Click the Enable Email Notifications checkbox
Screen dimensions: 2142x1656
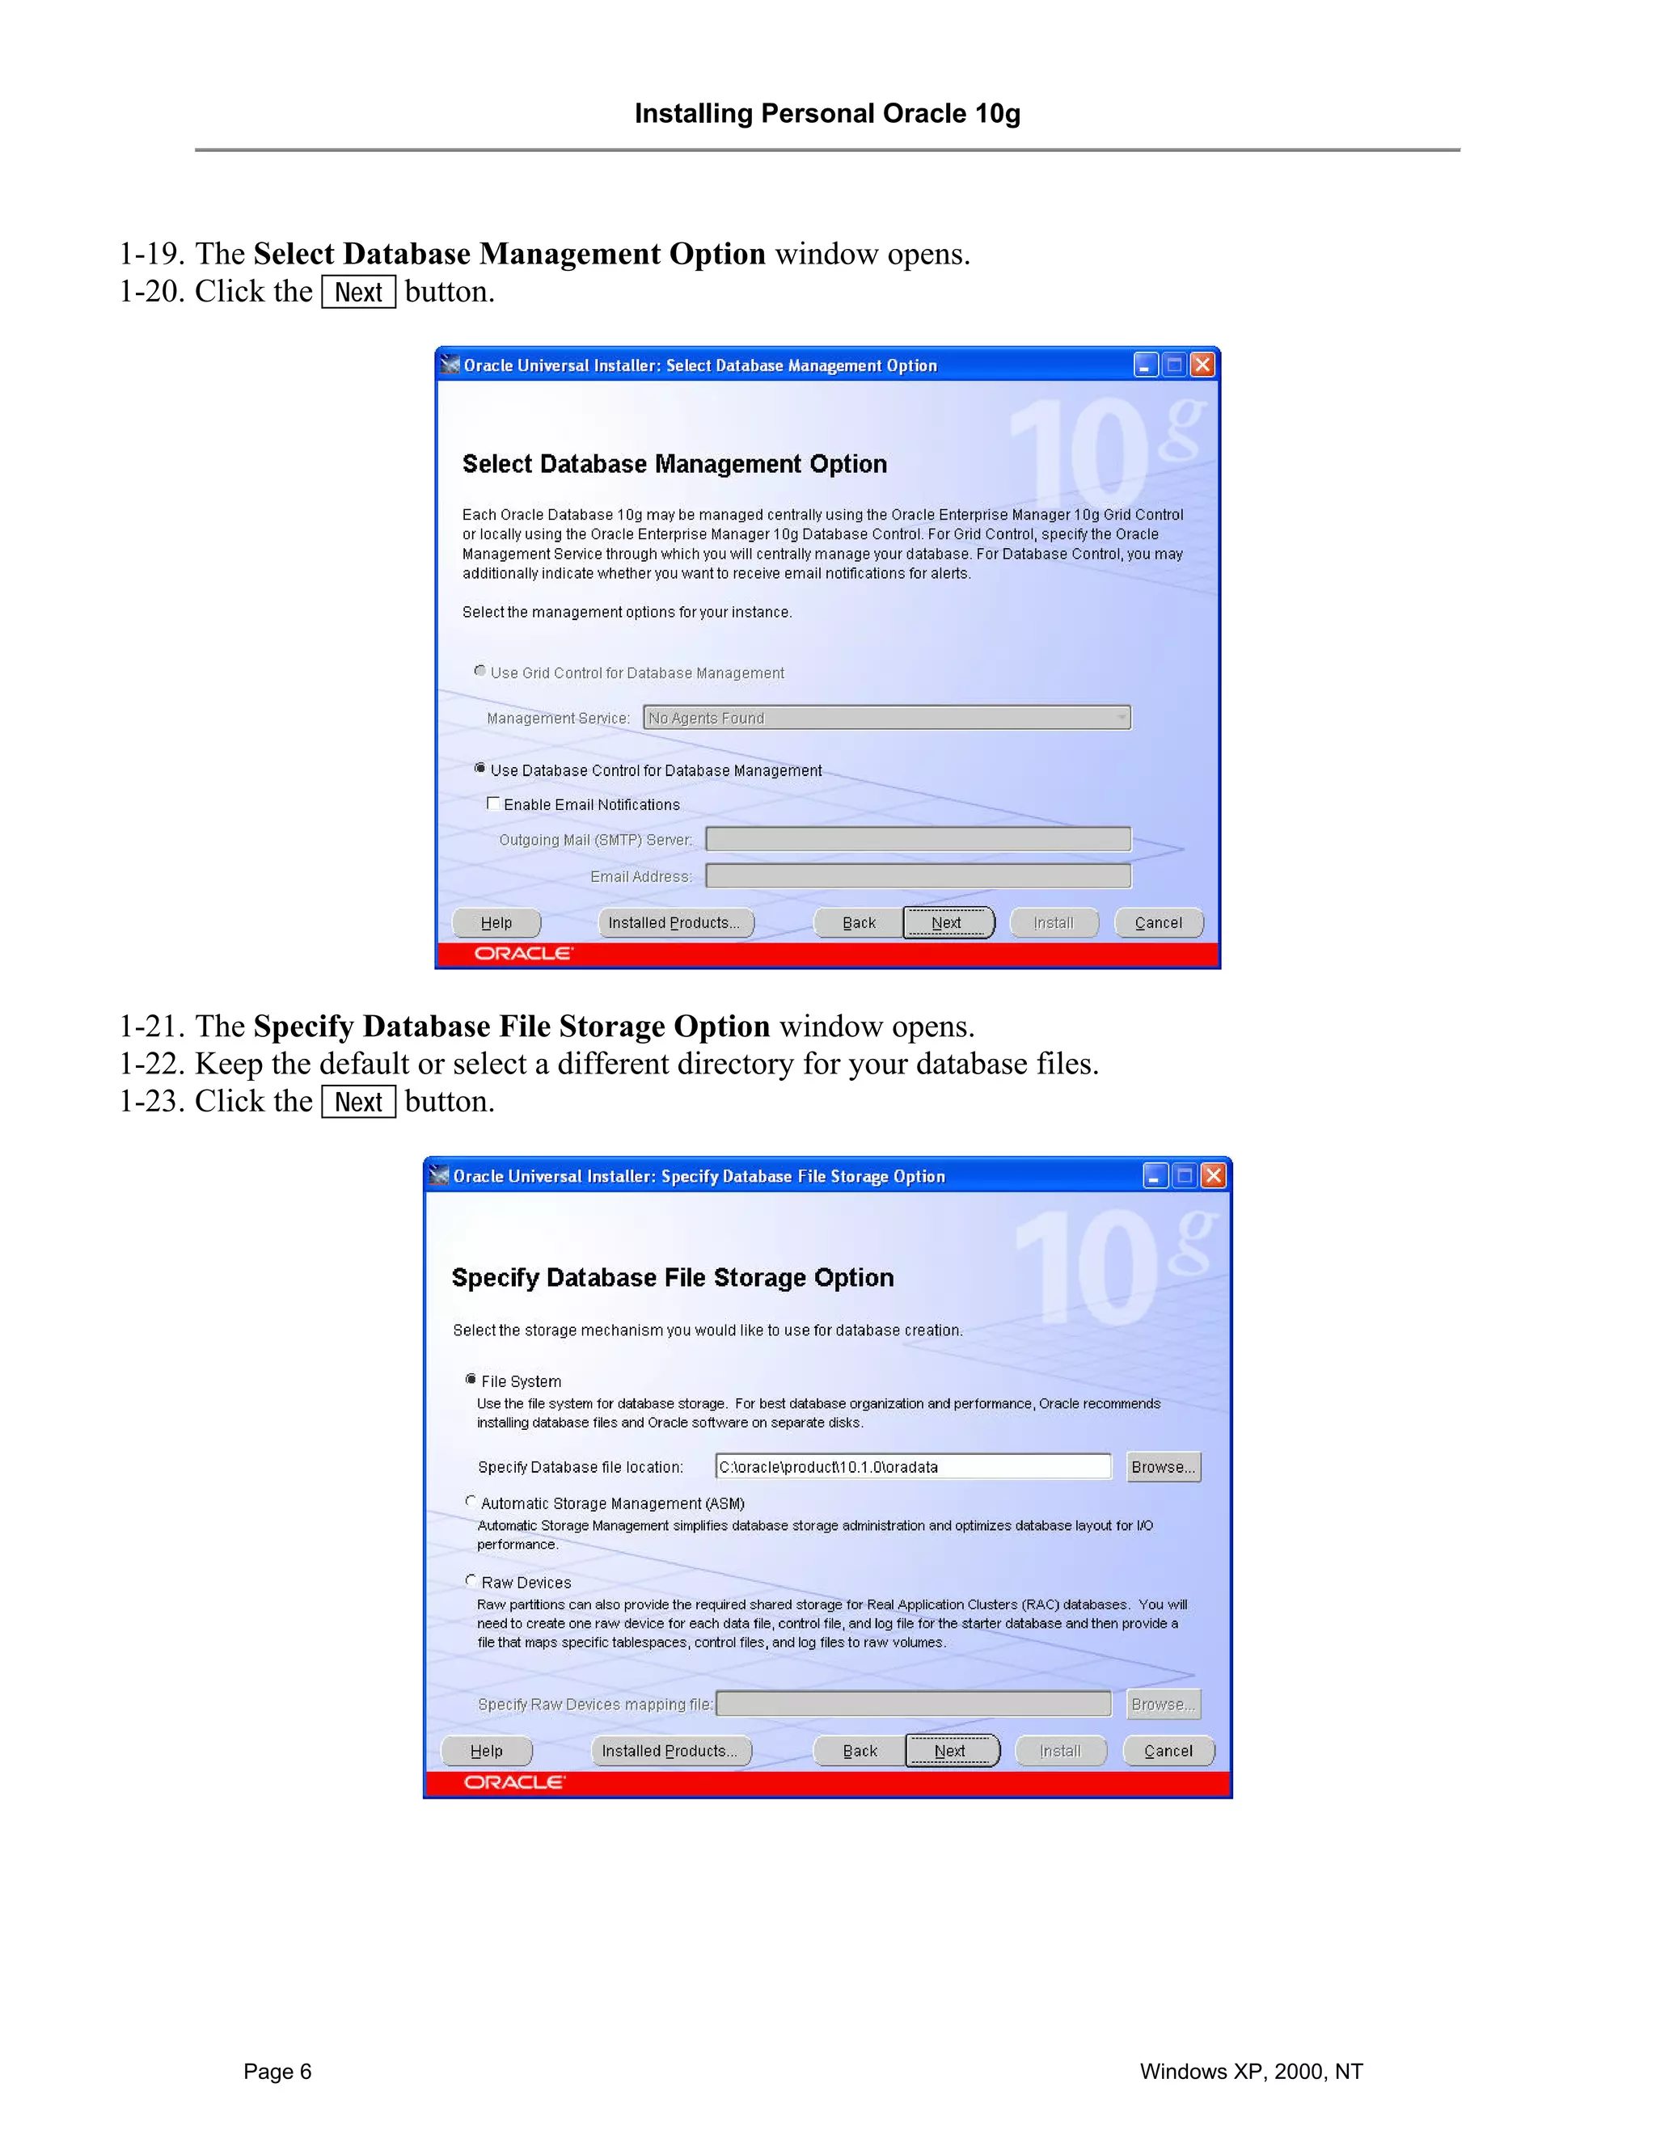point(493,803)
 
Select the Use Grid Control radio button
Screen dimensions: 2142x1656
point(479,671)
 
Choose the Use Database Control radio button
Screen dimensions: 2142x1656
point(479,768)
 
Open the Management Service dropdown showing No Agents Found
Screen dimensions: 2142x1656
point(886,718)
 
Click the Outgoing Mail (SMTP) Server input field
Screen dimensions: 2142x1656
point(917,840)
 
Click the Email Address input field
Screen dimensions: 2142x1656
point(917,876)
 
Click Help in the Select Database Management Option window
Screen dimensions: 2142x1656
point(496,923)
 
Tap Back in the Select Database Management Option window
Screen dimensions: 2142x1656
point(859,923)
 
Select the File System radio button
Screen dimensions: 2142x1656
point(471,1379)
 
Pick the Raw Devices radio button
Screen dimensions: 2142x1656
point(471,1580)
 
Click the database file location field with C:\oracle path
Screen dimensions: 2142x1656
point(912,1466)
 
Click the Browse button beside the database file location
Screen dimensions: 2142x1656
point(1164,1466)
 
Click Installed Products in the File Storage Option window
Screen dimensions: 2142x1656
point(671,1751)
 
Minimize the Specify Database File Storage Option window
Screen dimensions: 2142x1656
point(1155,1175)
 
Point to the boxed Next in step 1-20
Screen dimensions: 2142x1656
point(358,293)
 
